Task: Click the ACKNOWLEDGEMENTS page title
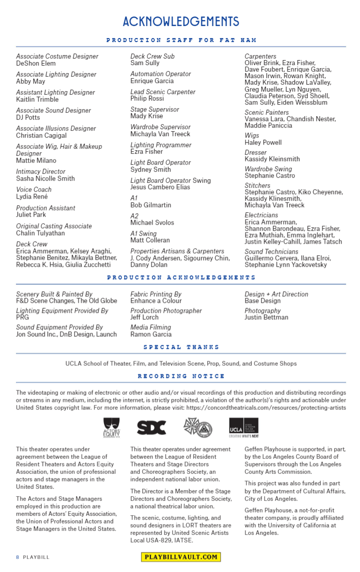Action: pos(180,22)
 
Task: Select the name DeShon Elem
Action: pos(36,64)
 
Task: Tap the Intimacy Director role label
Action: pos(40,172)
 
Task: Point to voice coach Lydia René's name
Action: pos(31,197)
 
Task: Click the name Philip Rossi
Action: pos(147,99)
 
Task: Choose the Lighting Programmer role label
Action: pos(160,145)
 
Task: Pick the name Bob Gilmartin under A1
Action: pos(150,205)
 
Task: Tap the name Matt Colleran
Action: pos(150,240)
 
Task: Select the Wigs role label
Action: pos(252,136)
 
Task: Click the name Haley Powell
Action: pos(263,143)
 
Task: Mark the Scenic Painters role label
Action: pos(266,113)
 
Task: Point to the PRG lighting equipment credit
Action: pos(22,317)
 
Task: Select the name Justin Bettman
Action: pos(266,317)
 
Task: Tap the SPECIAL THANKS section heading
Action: pos(181,347)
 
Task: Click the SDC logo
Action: pos(151,427)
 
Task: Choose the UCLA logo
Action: pos(243,427)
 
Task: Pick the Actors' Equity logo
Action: pos(111,427)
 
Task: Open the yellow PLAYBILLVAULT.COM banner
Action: pos(180,557)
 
